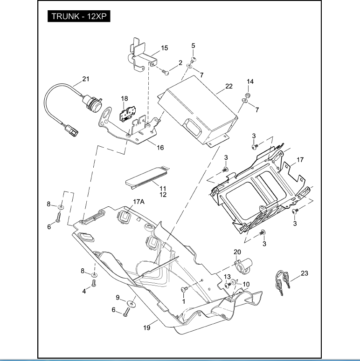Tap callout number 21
(x=86, y=79)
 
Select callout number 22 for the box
(x=228, y=86)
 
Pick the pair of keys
(x=281, y=283)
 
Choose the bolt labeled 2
(x=166, y=72)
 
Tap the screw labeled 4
(x=93, y=285)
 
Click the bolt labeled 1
(x=183, y=290)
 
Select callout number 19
(x=147, y=328)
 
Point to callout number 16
(x=160, y=148)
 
